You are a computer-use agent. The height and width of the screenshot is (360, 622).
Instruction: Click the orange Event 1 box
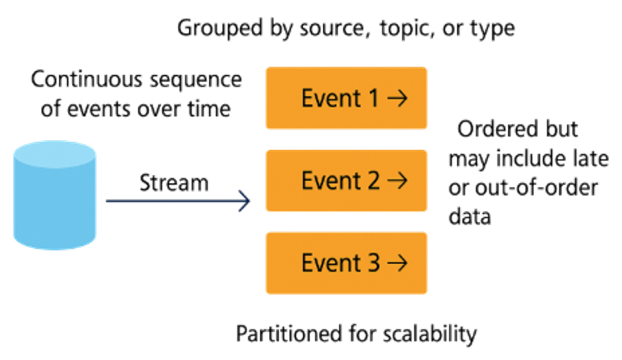pyautogui.click(x=347, y=98)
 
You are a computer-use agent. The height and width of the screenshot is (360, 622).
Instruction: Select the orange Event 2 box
pyautogui.click(x=347, y=181)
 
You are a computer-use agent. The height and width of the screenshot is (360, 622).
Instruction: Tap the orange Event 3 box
pyautogui.click(x=347, y=262)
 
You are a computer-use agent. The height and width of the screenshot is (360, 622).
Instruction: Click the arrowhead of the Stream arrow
pyautogui.click(x=245, y=201)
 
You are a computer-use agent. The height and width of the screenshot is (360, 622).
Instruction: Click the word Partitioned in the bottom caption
pyautogui.click(x=279, y=333)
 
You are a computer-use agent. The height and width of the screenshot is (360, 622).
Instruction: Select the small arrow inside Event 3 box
pyautogui.click(x=396, y=262)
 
